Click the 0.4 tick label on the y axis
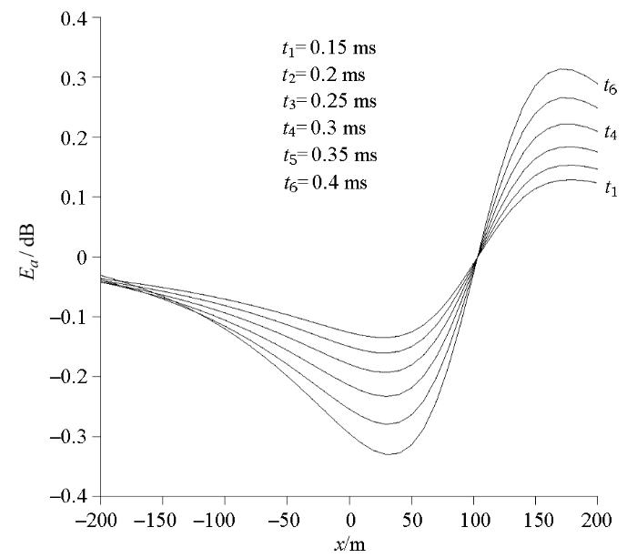point(74,19)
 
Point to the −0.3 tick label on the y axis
point(68,437)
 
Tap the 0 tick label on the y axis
point(82,258)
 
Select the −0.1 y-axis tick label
point(68,318)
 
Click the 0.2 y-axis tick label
point(74,138)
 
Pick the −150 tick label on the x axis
point(155,521)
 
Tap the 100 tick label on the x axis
point(474,521)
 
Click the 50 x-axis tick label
point(412,521)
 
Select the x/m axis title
point(349,545)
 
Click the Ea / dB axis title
point(27,251)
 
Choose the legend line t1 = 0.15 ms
point(329,48)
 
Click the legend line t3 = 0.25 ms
point(329,102)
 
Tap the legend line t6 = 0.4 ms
point(325,183)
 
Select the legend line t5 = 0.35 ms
point(329,156)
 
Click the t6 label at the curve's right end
point(611,86)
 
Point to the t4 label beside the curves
point(611,133)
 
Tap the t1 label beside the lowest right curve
point(611,188)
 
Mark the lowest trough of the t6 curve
point(389,454)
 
